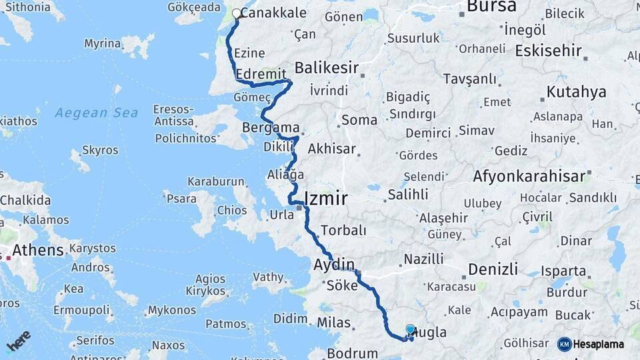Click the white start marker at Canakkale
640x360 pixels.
(x=237, y=13)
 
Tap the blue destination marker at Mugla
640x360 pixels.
(x=411, y=329)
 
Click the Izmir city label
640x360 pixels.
(x=325, y=198)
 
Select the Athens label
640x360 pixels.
(x=37, y=251)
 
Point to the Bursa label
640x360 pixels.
(x=491, y=7)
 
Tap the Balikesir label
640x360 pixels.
(x=327, y=67)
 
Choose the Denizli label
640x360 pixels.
(x=493, y=269)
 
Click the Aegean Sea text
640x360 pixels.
(x=96, y=113)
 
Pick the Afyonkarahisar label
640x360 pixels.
(x=529, y=177)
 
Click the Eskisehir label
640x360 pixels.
(x=547, y=51)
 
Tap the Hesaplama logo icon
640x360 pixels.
(x=565, y=344)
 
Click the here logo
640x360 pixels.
(x=19, y=341)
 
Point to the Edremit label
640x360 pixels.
(x=261, y=73)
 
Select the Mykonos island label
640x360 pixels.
(x=171, y=310)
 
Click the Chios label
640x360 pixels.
(x=232, y=211)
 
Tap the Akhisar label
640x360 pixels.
(x=331, y=149)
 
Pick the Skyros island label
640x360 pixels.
(x=100, y=150)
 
